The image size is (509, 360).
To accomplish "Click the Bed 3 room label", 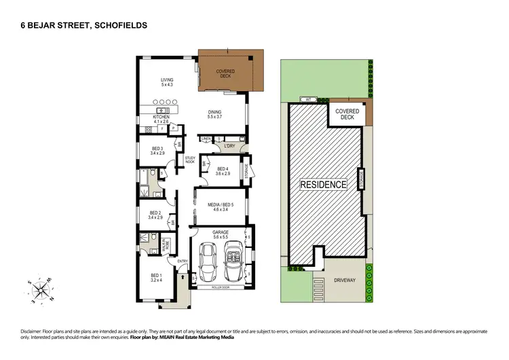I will click(x=157, y=151).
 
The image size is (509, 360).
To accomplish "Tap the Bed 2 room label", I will click(x=155, y=215).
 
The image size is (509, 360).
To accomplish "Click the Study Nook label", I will click(x=190, y=160).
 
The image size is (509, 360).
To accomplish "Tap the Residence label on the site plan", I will click(x=324, y=183).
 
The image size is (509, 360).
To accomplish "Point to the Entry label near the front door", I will click(x=182, y=262).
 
